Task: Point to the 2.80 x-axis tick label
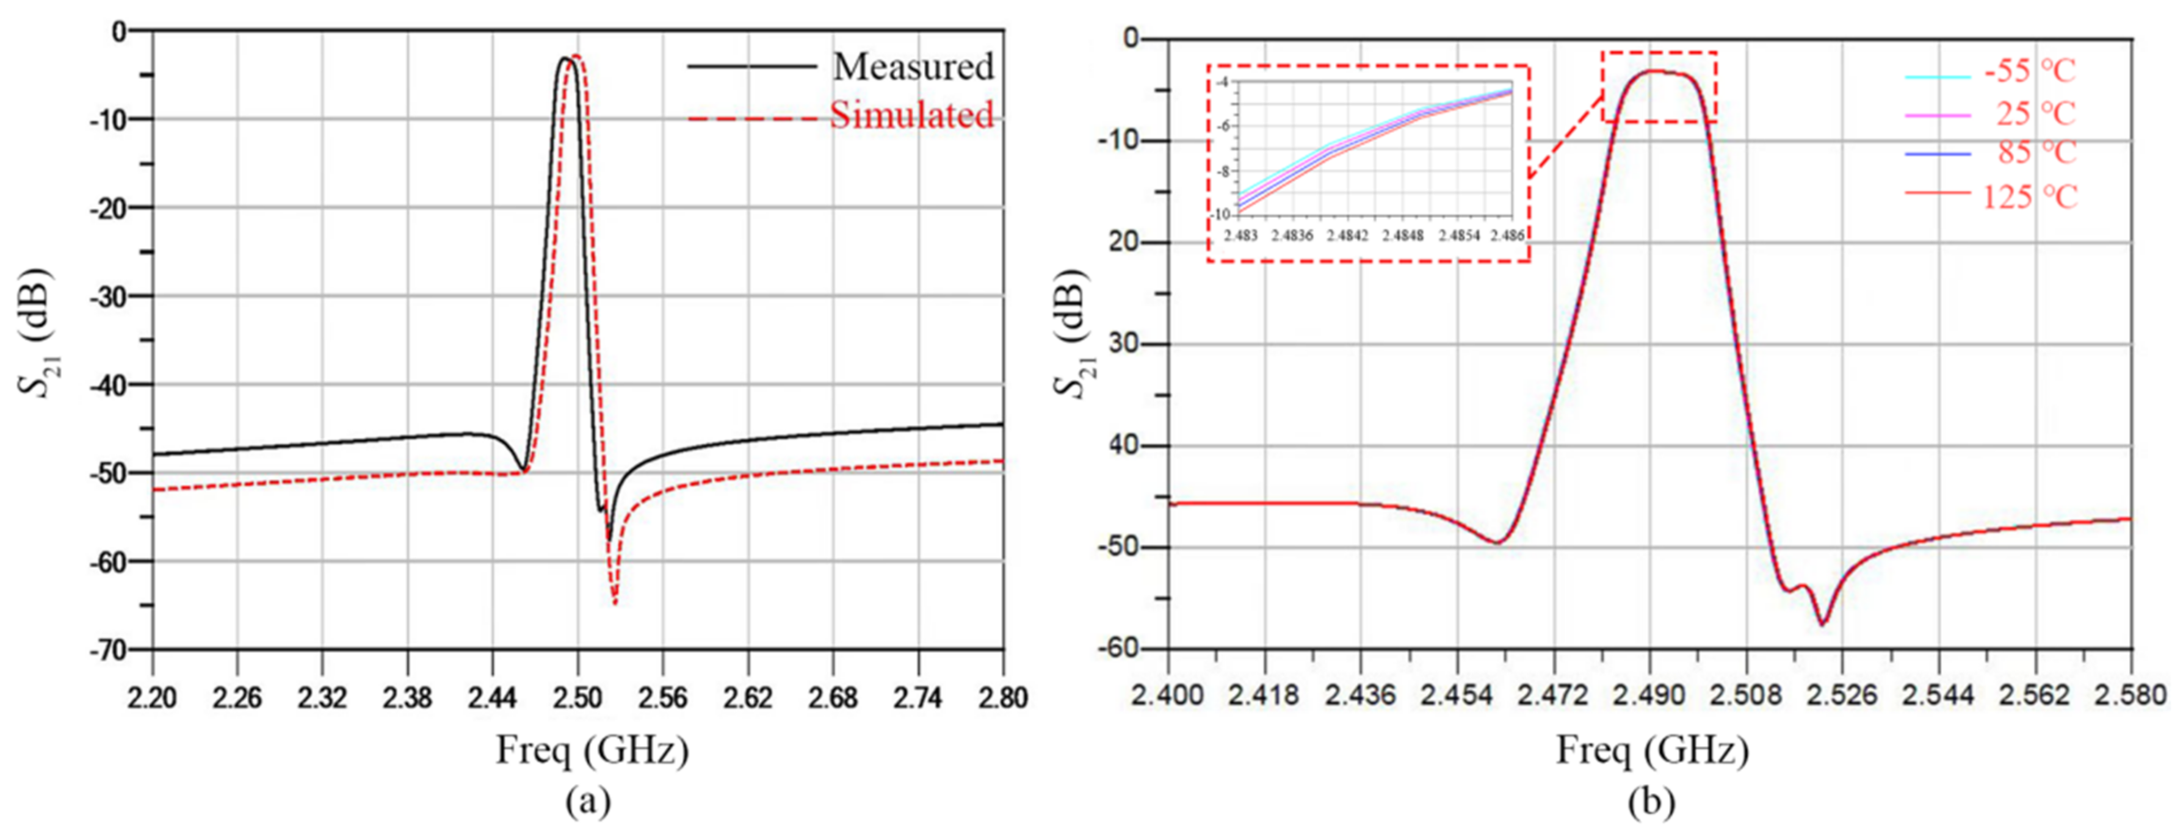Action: [1002, 698]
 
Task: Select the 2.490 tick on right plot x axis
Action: [1650, 695]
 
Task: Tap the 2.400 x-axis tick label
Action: [1168, 695]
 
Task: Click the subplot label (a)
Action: [587, 800]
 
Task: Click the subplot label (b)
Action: [1651, 800]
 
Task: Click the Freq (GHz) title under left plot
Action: [592, 750]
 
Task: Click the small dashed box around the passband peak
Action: [1659, 87]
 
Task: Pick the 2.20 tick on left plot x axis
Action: [153, 698]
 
